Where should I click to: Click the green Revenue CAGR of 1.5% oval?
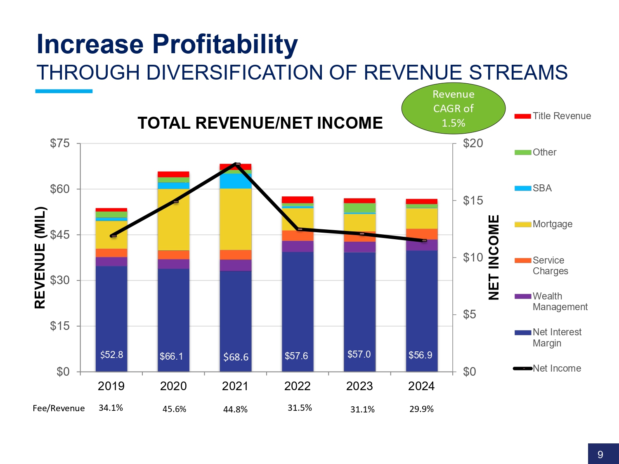click(453, 108)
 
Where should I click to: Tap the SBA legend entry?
click(542, 188)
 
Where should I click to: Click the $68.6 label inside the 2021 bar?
click(236, 357)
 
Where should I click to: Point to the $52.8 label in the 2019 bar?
click(111, 355)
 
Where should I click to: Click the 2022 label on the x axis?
click(297, 386)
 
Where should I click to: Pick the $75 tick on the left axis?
click(60, 143)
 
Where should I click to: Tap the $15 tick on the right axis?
click(473, 200)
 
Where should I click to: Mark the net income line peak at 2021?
click(237, 164)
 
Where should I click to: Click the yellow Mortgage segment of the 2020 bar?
click(173, 219)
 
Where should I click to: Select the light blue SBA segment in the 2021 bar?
click(236, 181)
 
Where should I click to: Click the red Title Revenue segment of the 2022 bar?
click(298, 200)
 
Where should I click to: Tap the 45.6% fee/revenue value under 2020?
click(174, 409)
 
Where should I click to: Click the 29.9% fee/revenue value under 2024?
click(421, 409)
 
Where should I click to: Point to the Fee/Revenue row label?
click(59, 408)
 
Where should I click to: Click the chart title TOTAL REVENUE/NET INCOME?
click(260, 123)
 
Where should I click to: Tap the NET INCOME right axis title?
click(494, 257)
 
